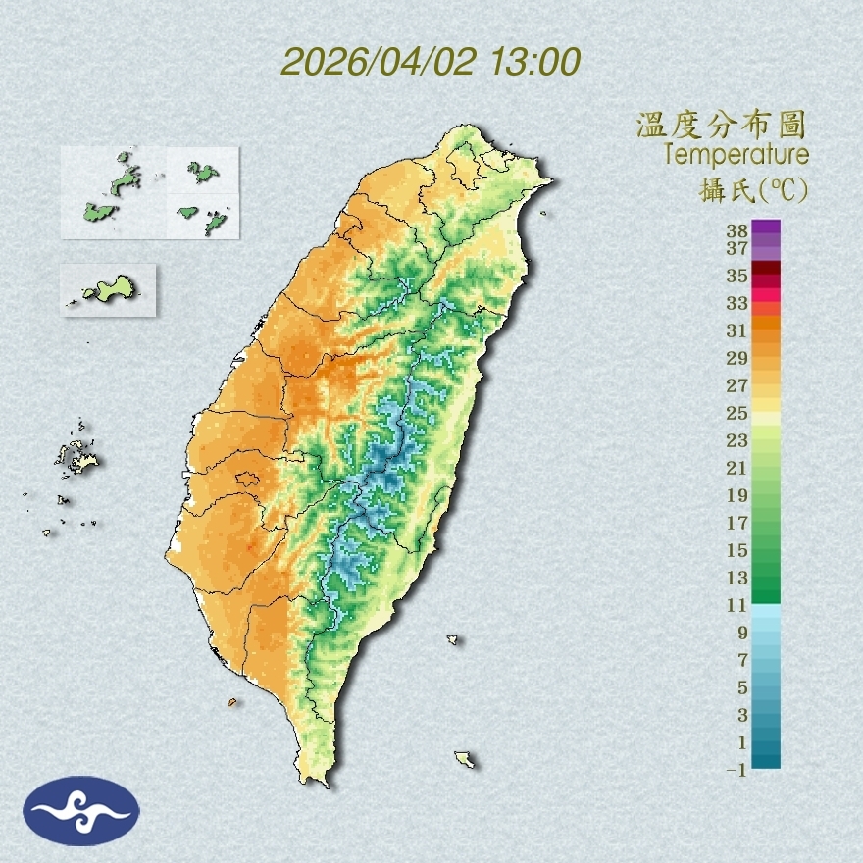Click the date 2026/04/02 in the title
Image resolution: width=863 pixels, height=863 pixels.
click(379, 61)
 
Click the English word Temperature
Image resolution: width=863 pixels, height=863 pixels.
click(736, 154)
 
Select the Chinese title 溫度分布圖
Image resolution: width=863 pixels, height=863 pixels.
click(722, 125)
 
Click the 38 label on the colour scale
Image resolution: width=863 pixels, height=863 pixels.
click(737, 231)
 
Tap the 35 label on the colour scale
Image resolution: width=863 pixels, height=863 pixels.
click(737, 276)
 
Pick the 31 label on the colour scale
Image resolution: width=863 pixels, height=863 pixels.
click(737, 330)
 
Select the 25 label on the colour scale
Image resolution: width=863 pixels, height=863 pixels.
click(737, 413)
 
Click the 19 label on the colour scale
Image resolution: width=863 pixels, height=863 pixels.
click(737, 495)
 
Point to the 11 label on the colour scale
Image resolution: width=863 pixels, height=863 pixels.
click(737, 605)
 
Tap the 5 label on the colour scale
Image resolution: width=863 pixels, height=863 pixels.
click(742, 687)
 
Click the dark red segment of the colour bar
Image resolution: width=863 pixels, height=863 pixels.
click(767, 268)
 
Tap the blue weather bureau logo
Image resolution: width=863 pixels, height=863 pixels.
click(82, 810)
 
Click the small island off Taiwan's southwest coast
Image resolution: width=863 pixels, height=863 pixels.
click(232, 702)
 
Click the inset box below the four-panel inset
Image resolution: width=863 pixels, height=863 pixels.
click(108, 290)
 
